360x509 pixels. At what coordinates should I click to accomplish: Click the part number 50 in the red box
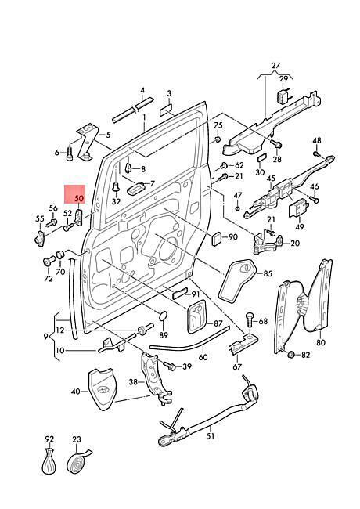(x=79, y=198)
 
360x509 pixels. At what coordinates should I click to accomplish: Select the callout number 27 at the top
(x=275, y=65)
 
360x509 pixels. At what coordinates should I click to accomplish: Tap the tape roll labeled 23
(x=78, y=461)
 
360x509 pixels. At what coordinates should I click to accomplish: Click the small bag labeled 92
(x=49, y=460)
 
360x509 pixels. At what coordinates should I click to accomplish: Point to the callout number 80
(x=320, y=342)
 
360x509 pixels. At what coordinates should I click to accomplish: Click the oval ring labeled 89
(x=164, y=316)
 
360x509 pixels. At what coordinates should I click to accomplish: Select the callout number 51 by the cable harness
(x=211, y=435)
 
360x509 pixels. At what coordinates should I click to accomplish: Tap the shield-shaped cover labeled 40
(x=102, y=388)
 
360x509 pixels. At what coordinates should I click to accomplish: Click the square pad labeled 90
(x=216, y=239)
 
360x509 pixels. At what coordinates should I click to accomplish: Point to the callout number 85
(x=268, y=273)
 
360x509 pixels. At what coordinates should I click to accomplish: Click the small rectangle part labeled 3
(x=166, y=110)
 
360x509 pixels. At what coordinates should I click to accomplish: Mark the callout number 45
(x=271, y=179)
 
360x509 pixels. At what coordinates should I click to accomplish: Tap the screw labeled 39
(x=170, y=366)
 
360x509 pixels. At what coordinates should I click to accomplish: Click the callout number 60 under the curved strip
(x=203, y=357)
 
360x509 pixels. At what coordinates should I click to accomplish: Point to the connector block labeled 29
(x=283, y=96)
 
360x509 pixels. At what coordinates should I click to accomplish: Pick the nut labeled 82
(x=291, y=354)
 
